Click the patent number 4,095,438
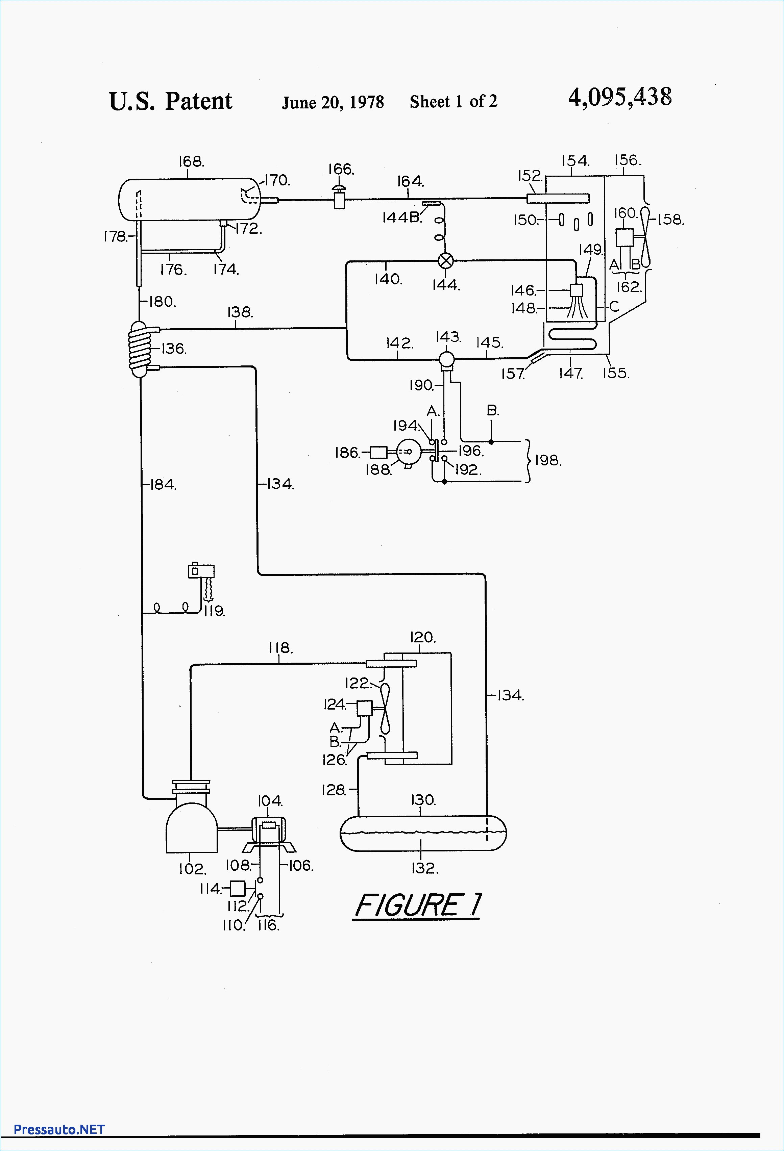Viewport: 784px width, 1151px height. [x=620, y=97]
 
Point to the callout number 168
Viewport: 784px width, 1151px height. [x=191, y=161]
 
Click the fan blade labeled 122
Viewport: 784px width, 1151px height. [x=385, y=708]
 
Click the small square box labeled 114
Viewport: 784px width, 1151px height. [x=238, y=889]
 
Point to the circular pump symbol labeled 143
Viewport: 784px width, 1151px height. [x=447, y=358]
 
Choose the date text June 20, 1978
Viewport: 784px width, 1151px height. [x=333, y=102]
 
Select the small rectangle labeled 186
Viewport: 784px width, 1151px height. [x=378, y=452]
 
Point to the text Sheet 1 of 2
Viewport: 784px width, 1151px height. [x=454, y=102]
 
